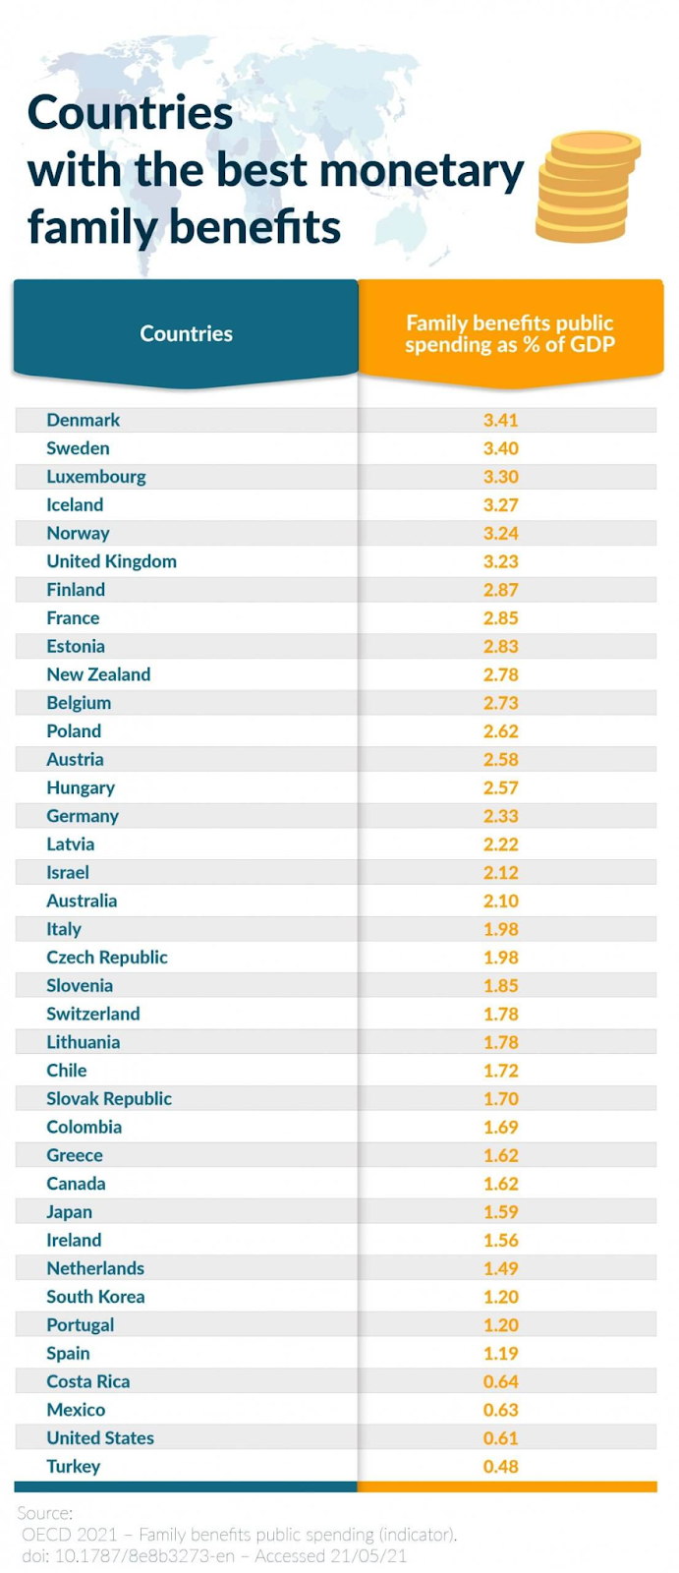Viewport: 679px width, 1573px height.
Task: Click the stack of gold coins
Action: point(587,187)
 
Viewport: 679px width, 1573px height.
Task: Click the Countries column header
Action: point(186,333)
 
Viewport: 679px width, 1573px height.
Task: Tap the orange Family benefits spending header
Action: point(510,333)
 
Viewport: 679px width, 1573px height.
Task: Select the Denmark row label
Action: point(84,420)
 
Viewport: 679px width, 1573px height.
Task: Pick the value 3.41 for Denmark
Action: point(500,420)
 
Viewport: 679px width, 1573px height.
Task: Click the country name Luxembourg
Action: point(96,477)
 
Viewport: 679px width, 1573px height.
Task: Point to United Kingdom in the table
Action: point(112,561)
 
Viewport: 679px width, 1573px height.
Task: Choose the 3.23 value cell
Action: point(500,561)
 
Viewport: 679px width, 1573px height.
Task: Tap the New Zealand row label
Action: point(98,674)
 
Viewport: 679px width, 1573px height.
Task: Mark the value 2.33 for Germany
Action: point(500,816)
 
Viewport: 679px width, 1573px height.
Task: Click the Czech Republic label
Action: point(107,958)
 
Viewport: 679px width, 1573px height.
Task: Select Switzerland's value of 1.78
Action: point(500,1014)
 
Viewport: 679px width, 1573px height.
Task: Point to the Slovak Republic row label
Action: point(109,1099)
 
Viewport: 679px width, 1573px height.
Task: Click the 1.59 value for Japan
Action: point(500,1212)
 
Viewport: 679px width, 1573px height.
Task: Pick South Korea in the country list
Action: point(95,1297)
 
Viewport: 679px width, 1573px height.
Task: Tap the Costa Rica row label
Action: point(88,1381)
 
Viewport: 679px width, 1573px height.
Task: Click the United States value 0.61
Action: point(500,1438)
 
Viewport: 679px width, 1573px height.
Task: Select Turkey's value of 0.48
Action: point(500,1467)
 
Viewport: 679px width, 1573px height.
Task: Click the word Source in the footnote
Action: point(44,1513)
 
